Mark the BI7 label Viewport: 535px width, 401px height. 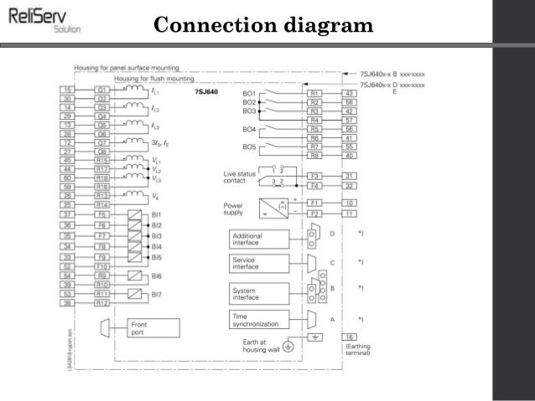click(x=156, y=294)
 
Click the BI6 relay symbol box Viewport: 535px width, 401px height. click(x=132, y=275)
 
